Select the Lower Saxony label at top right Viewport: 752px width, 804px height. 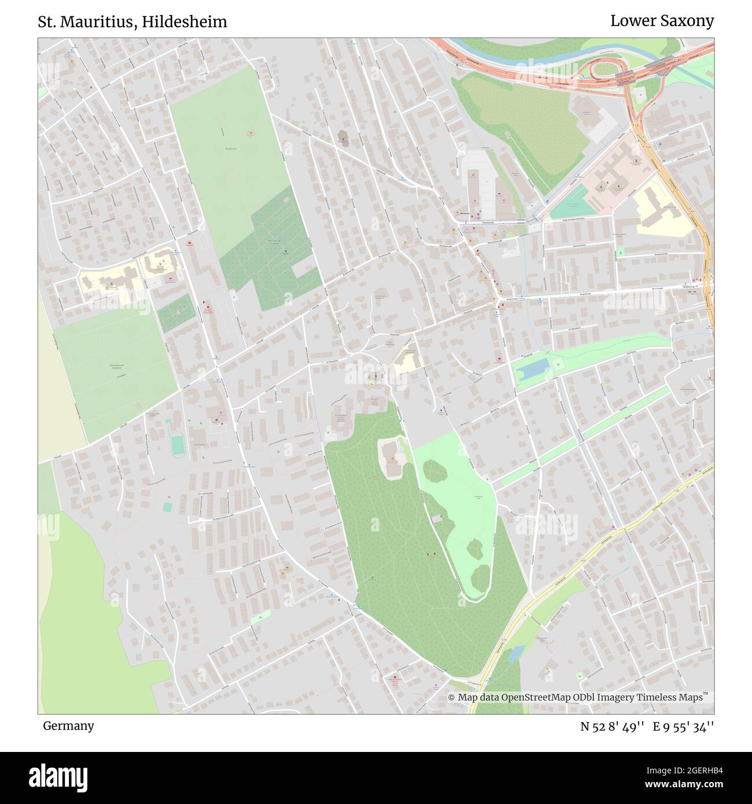point(662,21)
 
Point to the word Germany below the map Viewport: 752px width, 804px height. point(68,725)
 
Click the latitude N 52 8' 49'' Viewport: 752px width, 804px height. point(613,726)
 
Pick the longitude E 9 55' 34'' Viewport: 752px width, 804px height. point(683,726)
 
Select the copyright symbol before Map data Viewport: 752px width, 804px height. point(452,698)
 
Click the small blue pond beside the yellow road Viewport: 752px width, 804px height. point(513,654)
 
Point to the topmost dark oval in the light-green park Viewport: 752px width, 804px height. point(436,470)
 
